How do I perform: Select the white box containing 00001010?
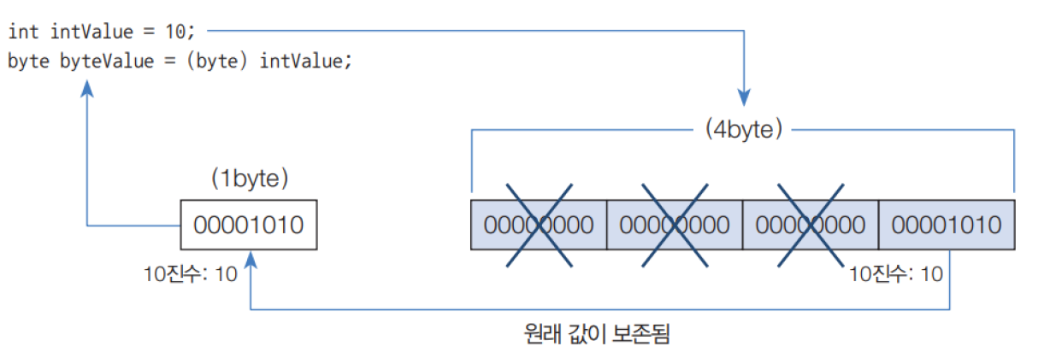249,225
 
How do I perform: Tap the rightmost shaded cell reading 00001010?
947,225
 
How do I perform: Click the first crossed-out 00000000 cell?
539,225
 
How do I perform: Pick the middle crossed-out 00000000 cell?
675,225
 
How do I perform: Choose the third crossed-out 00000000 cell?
810,225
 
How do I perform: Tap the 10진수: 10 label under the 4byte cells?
896,274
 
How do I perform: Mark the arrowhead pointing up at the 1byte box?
250,257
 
